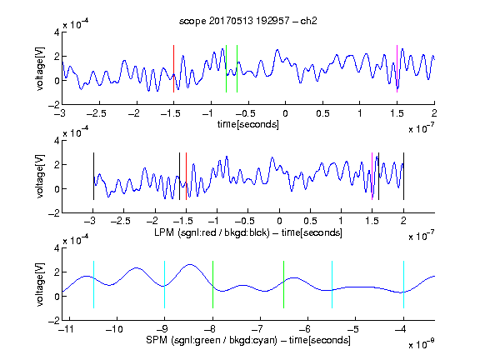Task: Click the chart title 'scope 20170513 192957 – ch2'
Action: click(248, 21)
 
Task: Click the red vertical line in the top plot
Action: click(173, 68)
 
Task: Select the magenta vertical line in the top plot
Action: click(397, 68)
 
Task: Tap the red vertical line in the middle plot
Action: click(186, 177)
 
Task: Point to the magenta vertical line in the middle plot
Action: click(372, 177)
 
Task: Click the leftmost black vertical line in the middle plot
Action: click(93, 177)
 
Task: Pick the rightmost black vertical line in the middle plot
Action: click(403, 177)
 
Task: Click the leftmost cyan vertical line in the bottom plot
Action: click(93, 284)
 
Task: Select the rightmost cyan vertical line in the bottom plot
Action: click(403, 284)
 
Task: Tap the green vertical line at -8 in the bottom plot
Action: click(212, 284)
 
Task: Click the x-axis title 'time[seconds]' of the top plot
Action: click(248, 124)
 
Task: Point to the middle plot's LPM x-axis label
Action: click(248, 232)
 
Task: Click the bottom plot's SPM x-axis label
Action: click(248, 340)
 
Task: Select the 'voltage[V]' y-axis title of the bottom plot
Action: click(40, 284)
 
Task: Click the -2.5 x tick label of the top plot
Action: click(97, 114)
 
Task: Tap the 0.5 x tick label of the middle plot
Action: click(310, 221)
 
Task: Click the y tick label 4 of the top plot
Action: click(57, 32)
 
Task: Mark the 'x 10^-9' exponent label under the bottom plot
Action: click(421, 344)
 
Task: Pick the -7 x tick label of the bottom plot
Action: click(259, 329)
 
